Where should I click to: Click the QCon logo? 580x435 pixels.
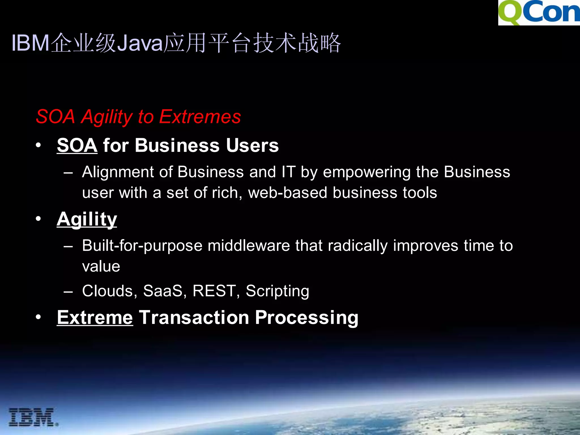(x=539, y=12)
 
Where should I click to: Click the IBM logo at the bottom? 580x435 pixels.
(x=33, y=417)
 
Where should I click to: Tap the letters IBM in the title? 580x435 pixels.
(x=31, y=43)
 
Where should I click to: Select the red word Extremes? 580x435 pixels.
(x=200, y=117)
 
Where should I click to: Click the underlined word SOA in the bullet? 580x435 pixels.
(x=77, y=145)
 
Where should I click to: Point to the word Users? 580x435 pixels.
(x=252, y=145)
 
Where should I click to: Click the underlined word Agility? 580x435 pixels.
(x=87, y=219)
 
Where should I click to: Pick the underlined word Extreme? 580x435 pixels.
(x=95, y=317)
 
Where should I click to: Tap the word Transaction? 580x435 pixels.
(x=194, y=317)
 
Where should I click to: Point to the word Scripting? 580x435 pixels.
(x=277, y=291)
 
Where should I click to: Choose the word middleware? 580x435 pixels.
(x=249, y=246)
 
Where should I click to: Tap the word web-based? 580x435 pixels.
(x=287, y=193)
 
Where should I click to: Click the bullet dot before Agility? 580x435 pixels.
(x=38, y=219)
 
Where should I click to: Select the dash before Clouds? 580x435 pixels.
(x=68, y=291)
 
